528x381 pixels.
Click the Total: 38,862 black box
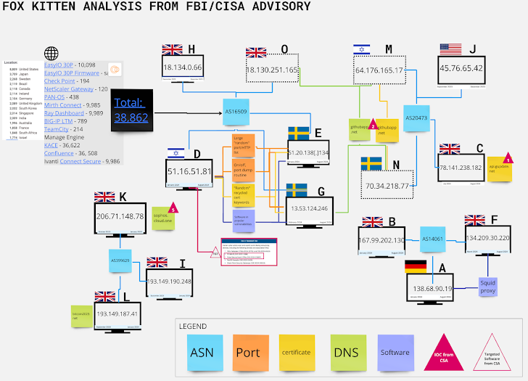[131, 109]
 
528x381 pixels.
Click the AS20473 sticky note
[416, 118]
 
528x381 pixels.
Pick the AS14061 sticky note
[433, 237]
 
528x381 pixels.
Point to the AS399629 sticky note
[120, 260]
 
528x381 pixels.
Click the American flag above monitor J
[451, 50]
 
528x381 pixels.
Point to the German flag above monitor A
[416, 266]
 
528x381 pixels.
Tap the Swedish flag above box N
[372, 162]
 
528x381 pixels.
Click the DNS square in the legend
[347, 353]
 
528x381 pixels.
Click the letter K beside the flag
[123, 197]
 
